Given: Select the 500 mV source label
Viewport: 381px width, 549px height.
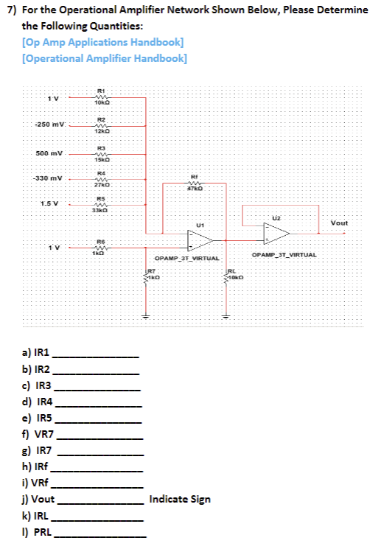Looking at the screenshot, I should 50,154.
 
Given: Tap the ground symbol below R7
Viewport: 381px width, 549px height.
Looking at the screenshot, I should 146,318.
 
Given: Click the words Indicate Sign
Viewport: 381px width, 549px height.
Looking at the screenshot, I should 179,499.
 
